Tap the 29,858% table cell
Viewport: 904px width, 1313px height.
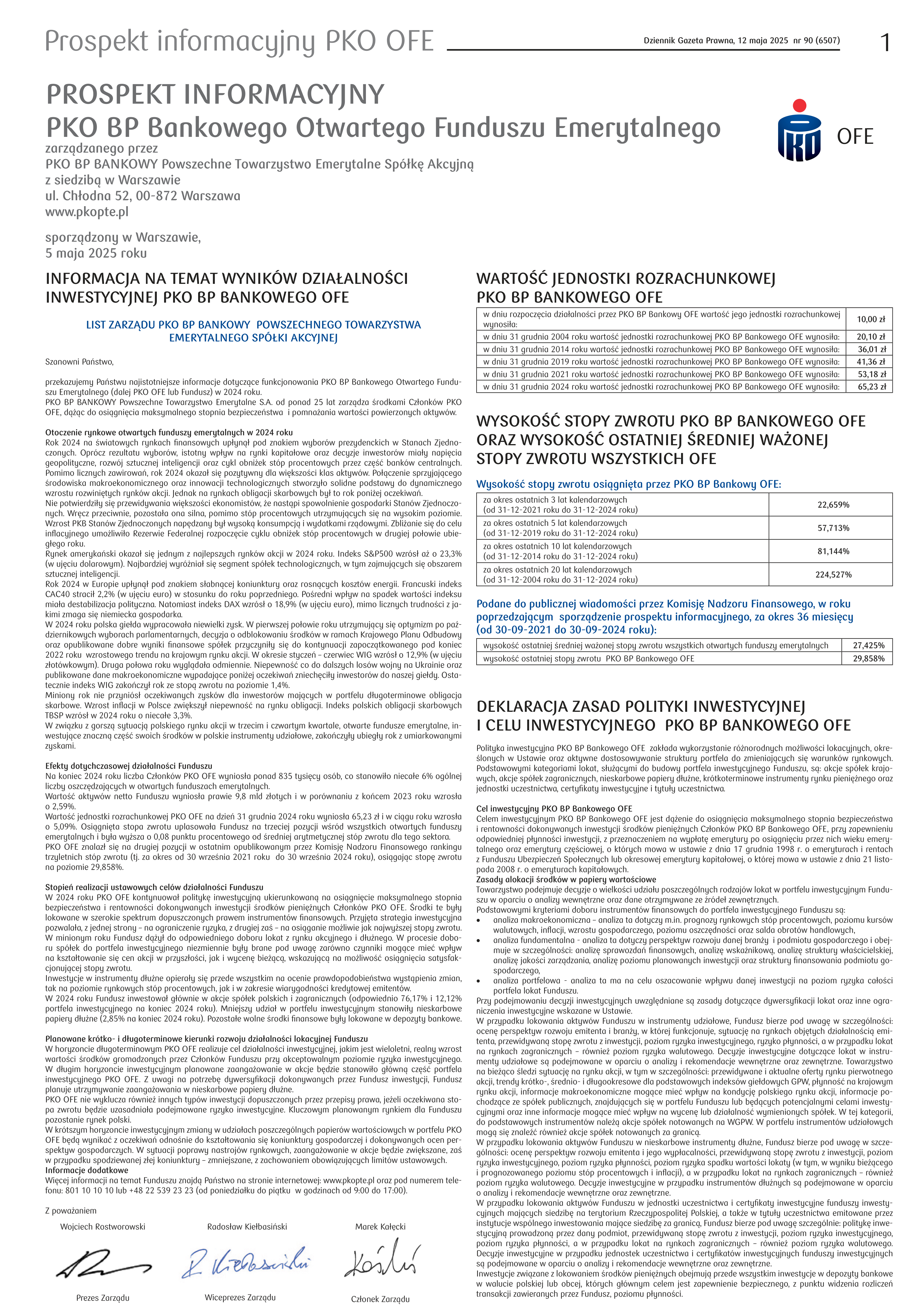pyautogui.click(x=868, y=658)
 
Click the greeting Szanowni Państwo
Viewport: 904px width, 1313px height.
pyautogui.click(x=79, y=362)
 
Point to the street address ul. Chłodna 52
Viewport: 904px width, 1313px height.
pyautogui.click(x=143, y=196)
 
